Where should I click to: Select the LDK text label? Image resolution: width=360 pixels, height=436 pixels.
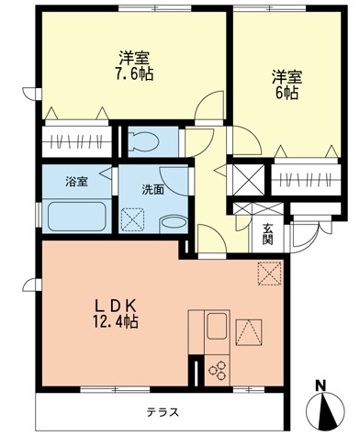(x=118, y=305)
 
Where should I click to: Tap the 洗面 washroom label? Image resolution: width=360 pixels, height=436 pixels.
(x=152, y=190)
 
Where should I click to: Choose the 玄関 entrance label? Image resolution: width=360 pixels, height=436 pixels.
(x=267, y=235)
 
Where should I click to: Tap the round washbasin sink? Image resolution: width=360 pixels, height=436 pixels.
(x=171, y=224)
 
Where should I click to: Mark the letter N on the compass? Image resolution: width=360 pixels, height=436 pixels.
(x=321, y=386)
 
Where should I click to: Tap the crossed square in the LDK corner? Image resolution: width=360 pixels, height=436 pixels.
(x=270, y=274)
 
